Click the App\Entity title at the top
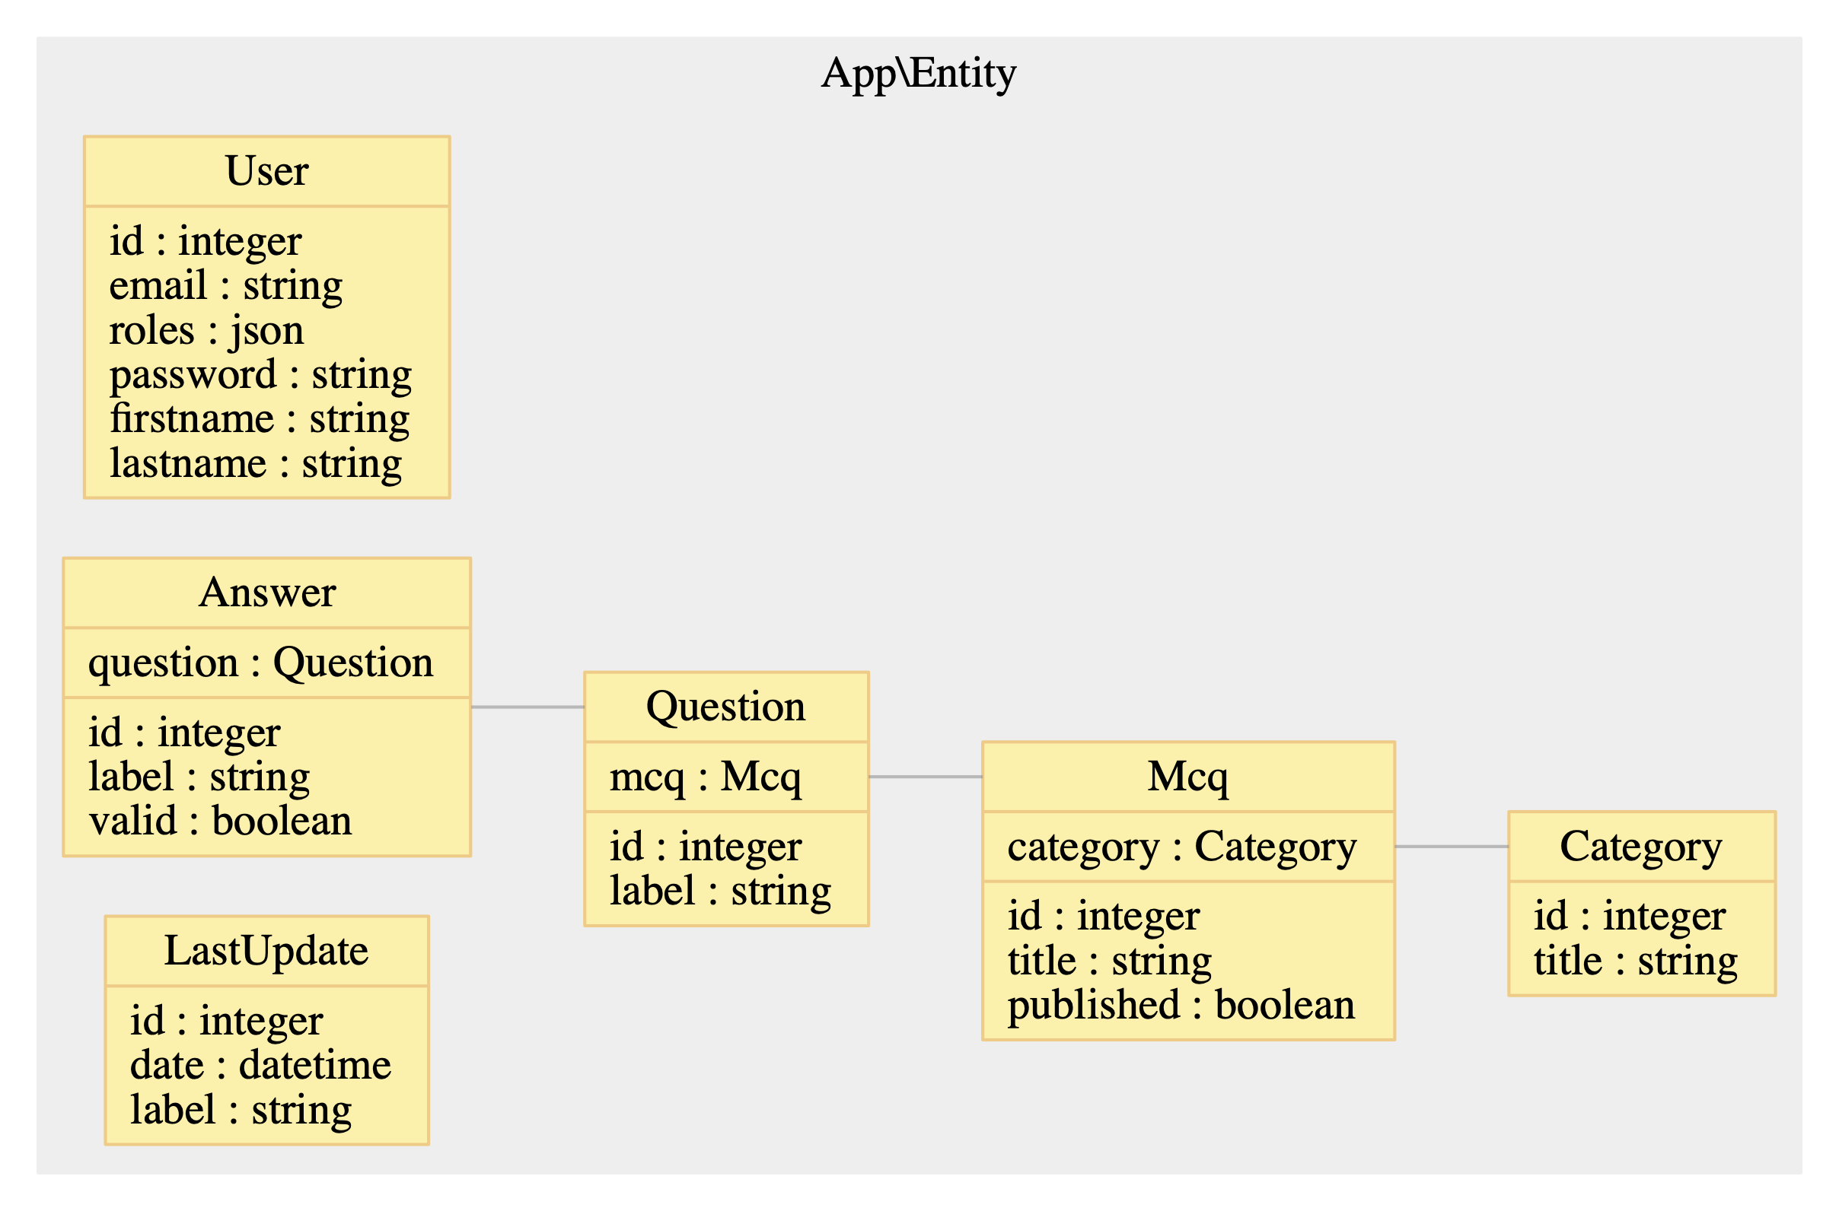(x=918, y=74)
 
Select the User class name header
(x=266, y=170)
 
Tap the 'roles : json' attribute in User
(x=206, y=331)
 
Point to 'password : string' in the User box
(x=260, y=375)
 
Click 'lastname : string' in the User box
(x=256, y=464)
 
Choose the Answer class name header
(x=266, y=593)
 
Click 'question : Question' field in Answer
(x=260, y=663)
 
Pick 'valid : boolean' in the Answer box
(x=220, y=821)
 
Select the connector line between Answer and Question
(x=527, y=707)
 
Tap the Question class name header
(x=725, y=707)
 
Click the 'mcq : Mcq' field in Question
(x=705, y=777)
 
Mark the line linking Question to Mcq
(x=925, y=776)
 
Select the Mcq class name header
(x=1187, y=776)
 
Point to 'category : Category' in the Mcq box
(x=1181, y=847)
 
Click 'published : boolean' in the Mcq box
(x=1181, y=1006)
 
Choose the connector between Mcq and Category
(x=1451, y=847)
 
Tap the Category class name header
(x=1641, y=847)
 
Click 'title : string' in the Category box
(x=1636, y=961)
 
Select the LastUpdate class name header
(x=266, y=951)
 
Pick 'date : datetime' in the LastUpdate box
(x=260, y=1066)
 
